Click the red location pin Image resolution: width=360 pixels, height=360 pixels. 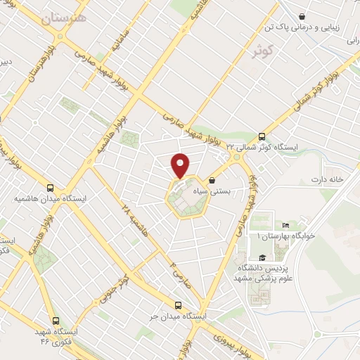(x=181, y=164)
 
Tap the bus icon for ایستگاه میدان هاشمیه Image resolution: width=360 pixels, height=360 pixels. (x=50, y=188)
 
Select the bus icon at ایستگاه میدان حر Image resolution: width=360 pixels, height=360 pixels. (x=178, y=306)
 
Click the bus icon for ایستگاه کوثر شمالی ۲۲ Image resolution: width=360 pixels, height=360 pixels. (x=262, y=136)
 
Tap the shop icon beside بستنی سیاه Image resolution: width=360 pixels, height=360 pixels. (x=212, y=181)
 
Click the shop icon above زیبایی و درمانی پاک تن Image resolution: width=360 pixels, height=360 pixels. (x=302, y=16)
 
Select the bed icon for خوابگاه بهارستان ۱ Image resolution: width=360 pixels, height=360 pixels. (x=285, y=225)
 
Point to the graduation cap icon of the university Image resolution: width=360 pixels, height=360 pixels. (x=262, y=257)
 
